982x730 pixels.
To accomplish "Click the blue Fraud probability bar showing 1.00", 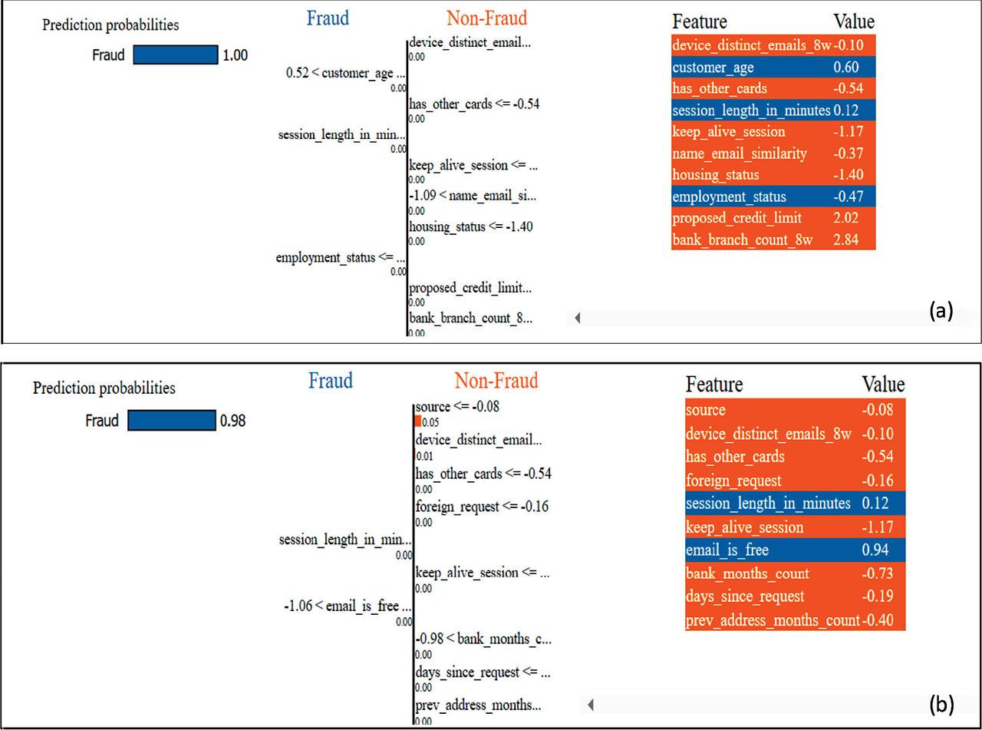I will (175, 55).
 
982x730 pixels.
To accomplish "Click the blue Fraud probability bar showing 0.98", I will (172, 421).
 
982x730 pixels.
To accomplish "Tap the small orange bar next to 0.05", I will (417, 421).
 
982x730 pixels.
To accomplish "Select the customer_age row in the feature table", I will (713, 68).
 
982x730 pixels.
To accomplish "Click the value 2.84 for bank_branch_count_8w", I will (845, 240).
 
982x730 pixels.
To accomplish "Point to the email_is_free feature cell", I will (727, 550).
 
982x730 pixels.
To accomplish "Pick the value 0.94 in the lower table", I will (876, 550).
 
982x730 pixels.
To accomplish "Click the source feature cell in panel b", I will (706, 410).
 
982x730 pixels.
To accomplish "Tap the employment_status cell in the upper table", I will (729, 197).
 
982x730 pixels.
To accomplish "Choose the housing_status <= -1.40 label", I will (470, 226).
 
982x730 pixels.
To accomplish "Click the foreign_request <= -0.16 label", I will (482, 507).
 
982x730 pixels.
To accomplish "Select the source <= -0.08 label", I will (457, 407).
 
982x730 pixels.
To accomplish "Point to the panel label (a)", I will (941, 311).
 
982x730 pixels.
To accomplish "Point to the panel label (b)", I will (941, 703).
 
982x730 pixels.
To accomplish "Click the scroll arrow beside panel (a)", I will (577, 317).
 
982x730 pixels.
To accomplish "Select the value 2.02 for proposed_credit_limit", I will (845, 218).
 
